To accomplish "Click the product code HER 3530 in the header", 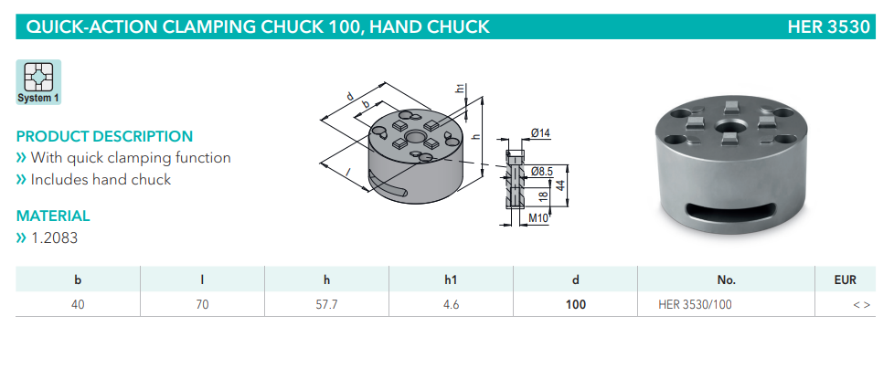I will (828, 26).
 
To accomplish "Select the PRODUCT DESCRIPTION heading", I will (104, 136).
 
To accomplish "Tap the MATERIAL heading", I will (53, 216).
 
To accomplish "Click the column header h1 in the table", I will (451, 279).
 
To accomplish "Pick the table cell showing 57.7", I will (326, 304).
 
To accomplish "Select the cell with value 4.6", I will (451, 304).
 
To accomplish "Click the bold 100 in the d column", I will (575, 304).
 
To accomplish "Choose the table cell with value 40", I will (78, 304).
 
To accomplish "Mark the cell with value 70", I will (202, 304).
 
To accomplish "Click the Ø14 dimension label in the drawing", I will (540, 134).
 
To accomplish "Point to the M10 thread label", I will (539, 219).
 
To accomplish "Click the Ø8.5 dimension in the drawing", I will (543, 170).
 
